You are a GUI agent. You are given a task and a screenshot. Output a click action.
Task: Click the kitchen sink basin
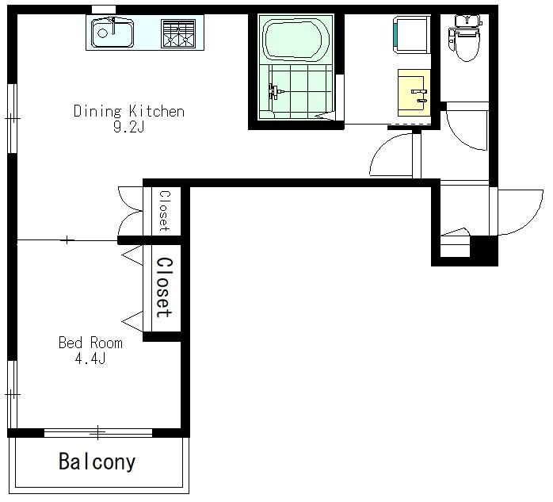113,33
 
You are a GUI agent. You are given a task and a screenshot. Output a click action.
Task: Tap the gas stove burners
178,33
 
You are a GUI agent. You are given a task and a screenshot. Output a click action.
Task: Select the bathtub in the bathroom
296,39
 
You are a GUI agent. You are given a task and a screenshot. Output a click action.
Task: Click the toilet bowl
466,44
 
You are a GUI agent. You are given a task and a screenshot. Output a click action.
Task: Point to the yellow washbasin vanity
414,93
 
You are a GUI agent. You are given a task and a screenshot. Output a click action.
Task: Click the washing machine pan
411,35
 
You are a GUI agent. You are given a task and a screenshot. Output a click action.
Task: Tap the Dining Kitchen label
129,112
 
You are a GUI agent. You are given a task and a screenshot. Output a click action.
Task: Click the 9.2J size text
129,126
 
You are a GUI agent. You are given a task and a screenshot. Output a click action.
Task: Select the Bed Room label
90,343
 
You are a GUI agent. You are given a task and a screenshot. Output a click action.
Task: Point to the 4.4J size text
90,358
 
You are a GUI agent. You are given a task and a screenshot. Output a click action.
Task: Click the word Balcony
97,462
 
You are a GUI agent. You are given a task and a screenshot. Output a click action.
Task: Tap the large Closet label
165,287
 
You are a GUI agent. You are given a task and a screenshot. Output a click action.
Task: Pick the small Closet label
164,211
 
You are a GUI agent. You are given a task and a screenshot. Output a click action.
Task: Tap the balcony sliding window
98,432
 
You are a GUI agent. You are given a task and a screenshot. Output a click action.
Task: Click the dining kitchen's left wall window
13,118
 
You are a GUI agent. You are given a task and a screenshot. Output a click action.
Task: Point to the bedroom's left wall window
13,394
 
